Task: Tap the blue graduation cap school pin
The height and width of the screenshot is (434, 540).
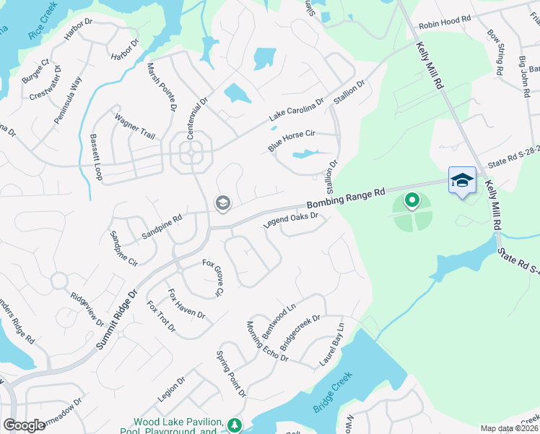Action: pos(462,180)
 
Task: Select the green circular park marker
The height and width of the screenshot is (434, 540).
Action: pos(411,200)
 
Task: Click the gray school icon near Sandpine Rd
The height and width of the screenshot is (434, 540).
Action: pos(222,205)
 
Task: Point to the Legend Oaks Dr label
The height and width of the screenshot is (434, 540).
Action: pos(291,219)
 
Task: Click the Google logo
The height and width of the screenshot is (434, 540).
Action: pos(24,425)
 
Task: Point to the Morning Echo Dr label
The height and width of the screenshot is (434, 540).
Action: pos(267,342)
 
